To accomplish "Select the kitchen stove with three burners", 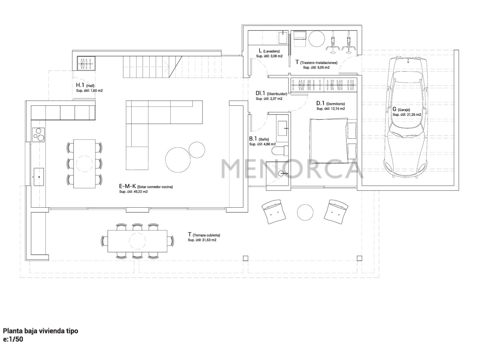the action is point(39,134).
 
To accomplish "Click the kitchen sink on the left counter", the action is point(39,177).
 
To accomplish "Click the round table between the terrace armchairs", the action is point(305,212).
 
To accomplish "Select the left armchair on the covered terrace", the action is point(274,211).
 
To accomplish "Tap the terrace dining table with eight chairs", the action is point(137,241).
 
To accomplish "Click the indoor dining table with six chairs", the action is point(84,163).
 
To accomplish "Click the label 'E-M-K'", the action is point(127,186).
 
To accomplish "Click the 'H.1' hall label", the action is point(80,85).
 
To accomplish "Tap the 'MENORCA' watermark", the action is point(292,169).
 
